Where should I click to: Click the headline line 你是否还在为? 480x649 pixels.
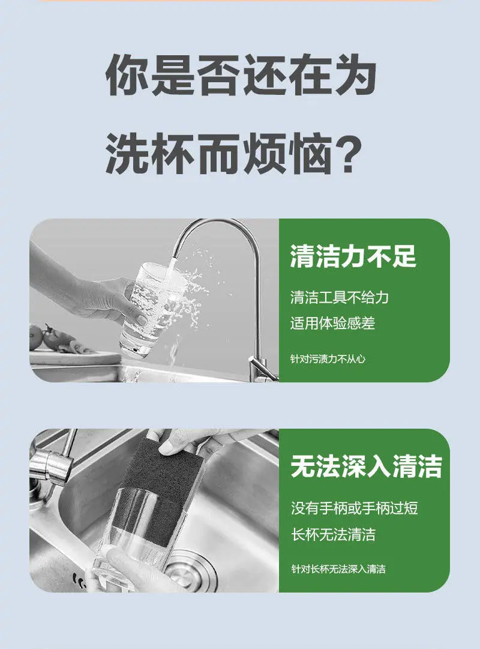tap(241, 76)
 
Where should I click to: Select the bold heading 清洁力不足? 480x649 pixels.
tap(353, 256)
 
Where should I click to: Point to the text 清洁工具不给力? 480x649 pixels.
tap(340, 298)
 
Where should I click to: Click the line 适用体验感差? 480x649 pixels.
tap(332, 323)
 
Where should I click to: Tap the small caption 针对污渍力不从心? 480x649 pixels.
tap(328, 359)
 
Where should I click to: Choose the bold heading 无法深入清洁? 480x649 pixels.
tap(366, 466)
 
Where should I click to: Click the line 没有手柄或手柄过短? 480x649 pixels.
tap(354, 508)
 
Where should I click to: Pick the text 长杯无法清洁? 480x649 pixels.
tap(333, 534)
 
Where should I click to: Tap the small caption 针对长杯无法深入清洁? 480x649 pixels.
tap(338, 569)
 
